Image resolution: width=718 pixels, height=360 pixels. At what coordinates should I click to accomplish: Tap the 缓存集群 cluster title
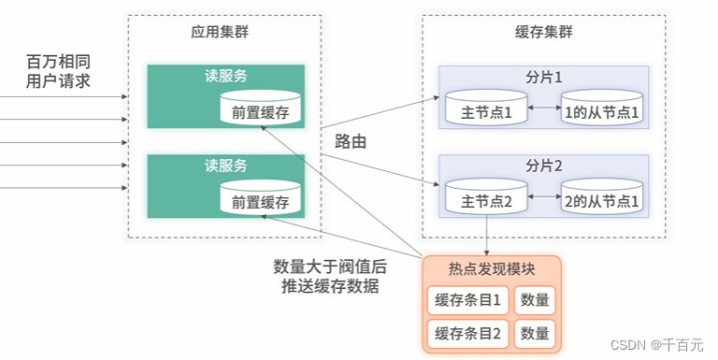point(544,31)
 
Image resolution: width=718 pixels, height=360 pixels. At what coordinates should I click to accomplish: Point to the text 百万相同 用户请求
point(58,71)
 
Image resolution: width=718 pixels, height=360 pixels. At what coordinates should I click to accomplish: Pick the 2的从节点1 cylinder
point(602,198)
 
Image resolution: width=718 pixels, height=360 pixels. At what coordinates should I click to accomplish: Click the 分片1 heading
point(544,77)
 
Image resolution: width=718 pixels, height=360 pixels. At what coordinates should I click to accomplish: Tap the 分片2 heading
point(544,166)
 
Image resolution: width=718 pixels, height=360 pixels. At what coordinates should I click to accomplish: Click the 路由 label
point(350,143)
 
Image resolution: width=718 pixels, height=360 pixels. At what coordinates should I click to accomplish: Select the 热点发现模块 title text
point(492,270)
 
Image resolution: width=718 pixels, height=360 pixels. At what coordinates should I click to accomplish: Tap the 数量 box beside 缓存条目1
point(535,301)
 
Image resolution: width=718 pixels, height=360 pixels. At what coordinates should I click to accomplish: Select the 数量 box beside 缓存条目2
point(535,333)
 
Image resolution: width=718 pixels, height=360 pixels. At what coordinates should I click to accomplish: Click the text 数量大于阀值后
point(329,266)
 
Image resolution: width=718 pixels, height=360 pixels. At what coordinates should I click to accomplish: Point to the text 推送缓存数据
point(329,287)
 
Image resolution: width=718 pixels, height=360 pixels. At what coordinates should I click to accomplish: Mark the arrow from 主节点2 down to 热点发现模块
point(487,234)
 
